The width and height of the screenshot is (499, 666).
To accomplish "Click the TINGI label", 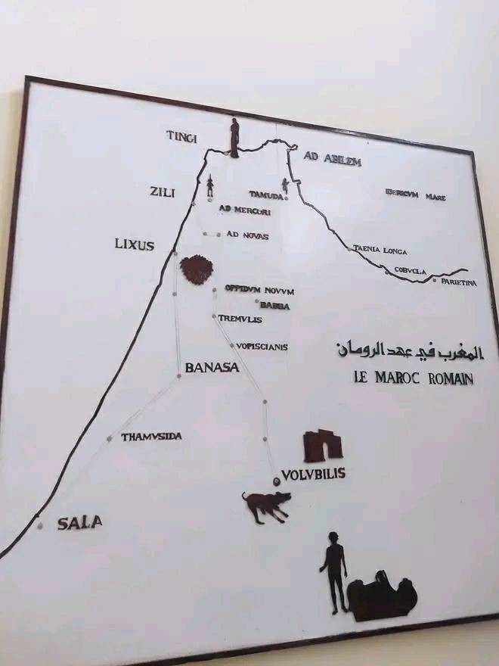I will [181, 136].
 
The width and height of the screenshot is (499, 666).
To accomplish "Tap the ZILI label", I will [163, 193].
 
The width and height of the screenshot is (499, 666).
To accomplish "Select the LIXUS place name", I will [135, 245].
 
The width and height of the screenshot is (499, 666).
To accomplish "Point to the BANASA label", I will [212, 369].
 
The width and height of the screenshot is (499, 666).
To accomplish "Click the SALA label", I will [80, 522].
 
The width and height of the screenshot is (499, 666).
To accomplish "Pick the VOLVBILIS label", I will [313, 475].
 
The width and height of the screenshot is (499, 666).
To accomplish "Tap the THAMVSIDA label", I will [151, 437].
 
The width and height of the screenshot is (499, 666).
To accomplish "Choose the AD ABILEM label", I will [333, 160].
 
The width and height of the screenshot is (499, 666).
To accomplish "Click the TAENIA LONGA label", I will [380, 251].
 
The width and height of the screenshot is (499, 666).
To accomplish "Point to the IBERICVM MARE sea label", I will [415, 196].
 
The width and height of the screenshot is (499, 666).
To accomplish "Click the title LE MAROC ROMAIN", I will [413, 378].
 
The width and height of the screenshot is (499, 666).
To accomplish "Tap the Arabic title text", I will [408, 350].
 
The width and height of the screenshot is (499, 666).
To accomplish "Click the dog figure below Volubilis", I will [266, 506].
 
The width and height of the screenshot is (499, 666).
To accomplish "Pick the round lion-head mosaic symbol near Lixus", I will [196, 269].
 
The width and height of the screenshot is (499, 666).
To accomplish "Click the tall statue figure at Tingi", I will [234, 137].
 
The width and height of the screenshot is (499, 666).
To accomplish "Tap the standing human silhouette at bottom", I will [333, 570].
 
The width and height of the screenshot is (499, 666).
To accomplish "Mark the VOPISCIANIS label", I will [262, 347].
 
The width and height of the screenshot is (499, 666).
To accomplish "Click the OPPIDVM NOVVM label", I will [259, 291].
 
